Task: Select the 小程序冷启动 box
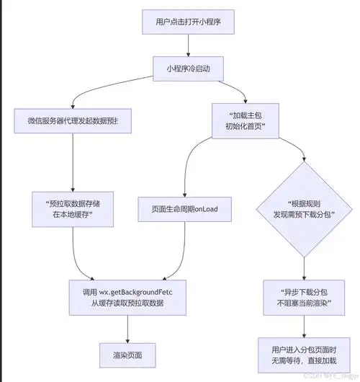click(189, 69)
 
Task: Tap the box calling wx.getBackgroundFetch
click(127, 297)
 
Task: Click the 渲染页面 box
click(127, 355)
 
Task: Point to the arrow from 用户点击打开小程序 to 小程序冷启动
click(189, 45)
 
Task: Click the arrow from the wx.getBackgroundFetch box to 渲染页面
click(127, 328)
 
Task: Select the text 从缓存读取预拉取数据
click(127, 303)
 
